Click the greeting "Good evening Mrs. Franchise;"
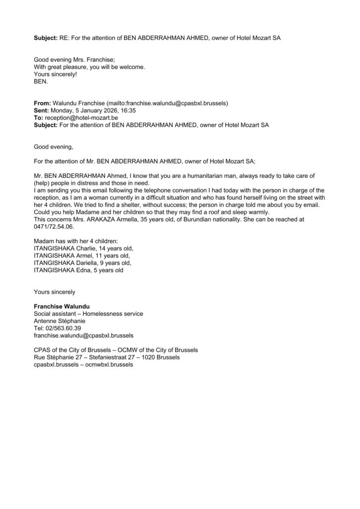click(74, 59)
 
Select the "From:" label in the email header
click(43, 103)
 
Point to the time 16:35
click(128, 111)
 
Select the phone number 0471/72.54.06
click(52, 226)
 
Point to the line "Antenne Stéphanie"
click(61, 321)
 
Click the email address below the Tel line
click(83, 336)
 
